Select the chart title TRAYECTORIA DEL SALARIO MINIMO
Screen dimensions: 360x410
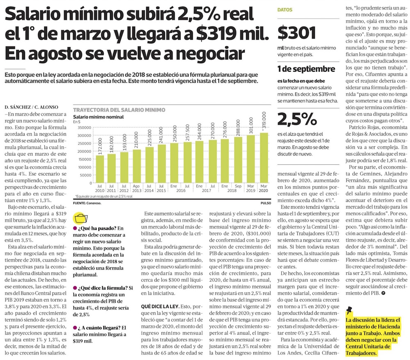[119, 110]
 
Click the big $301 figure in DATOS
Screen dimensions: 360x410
[297, 33]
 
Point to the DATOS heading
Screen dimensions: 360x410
[285, 9]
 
